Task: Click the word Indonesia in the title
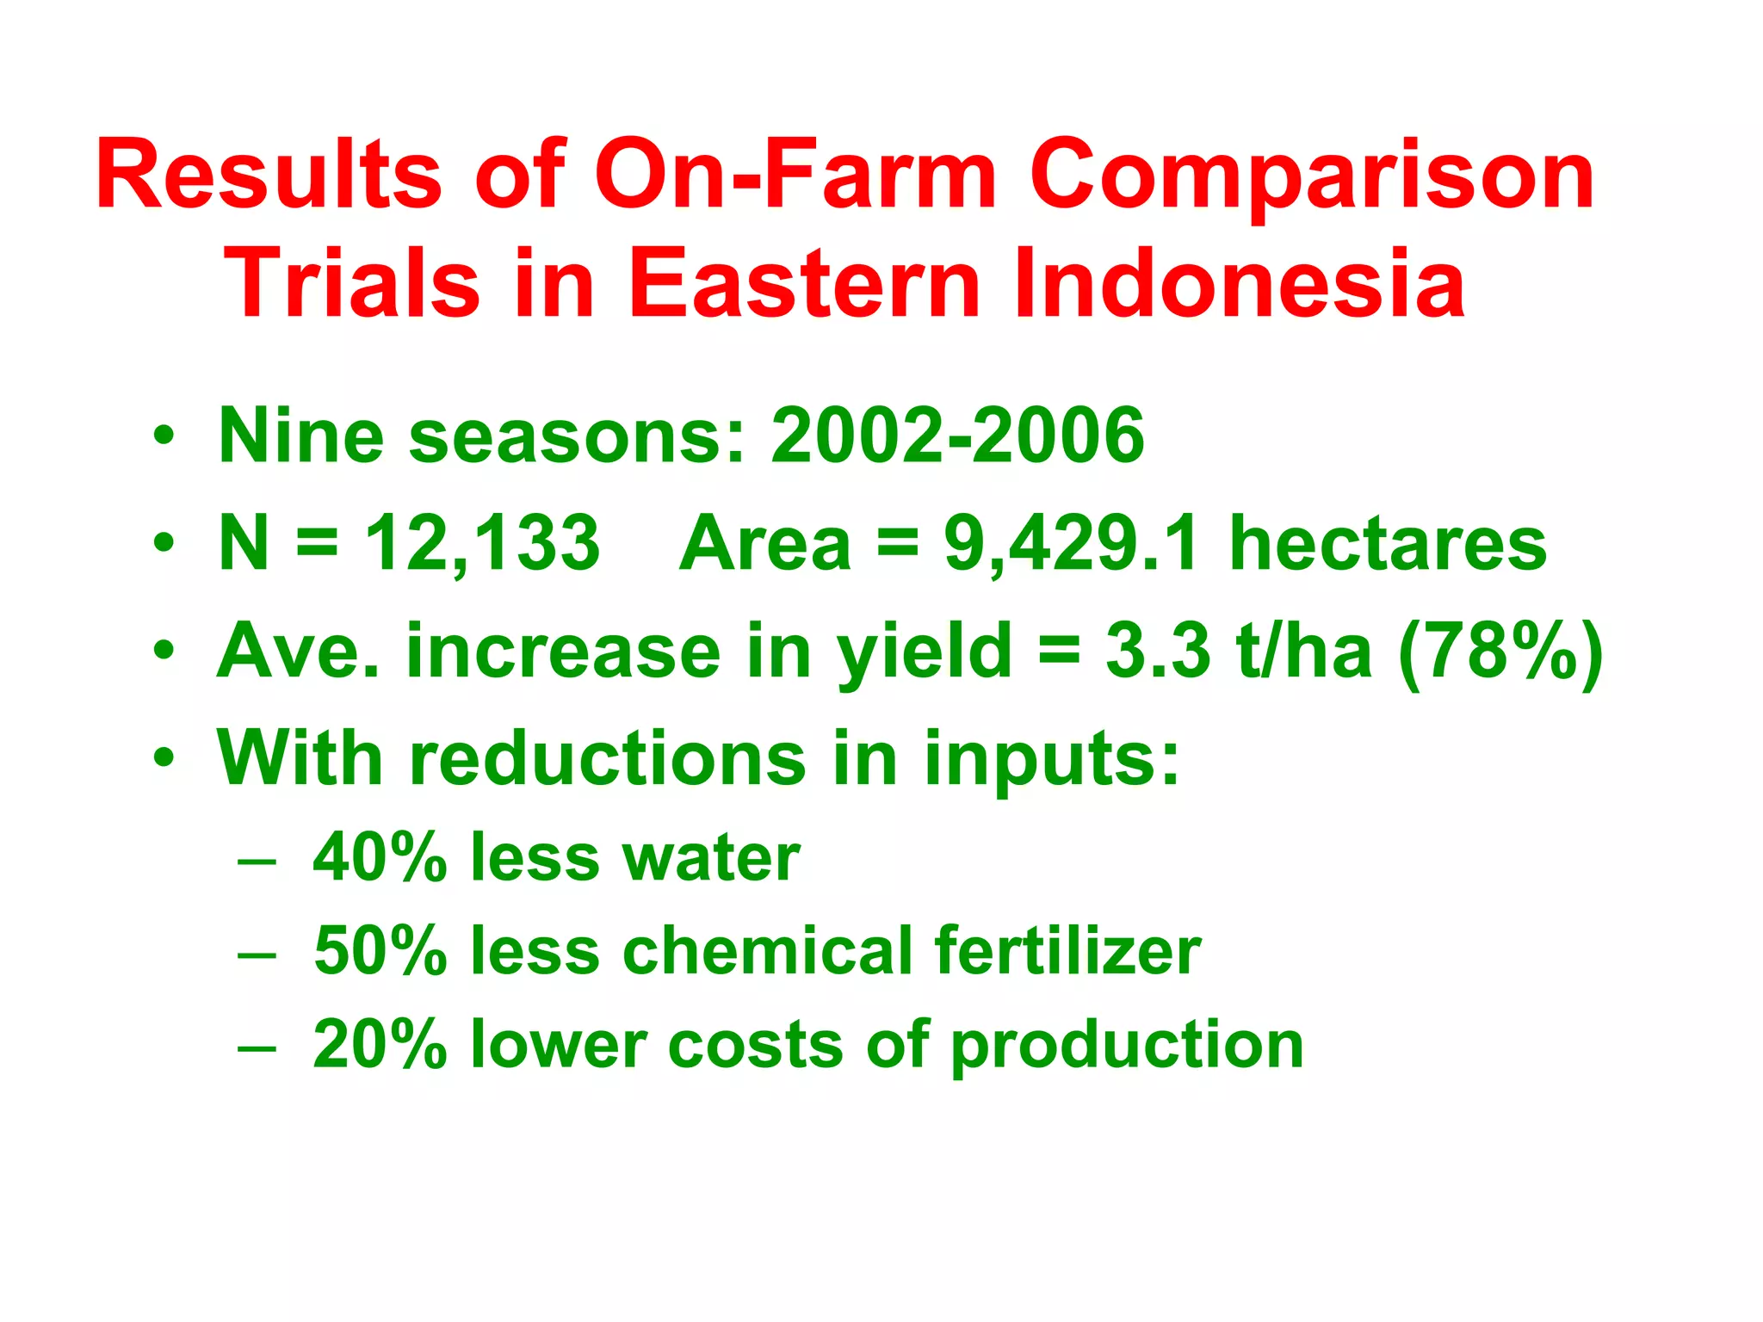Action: [x=1240, y=284]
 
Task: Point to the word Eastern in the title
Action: [x=805, y=284]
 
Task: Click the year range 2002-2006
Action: [x=957, y=436]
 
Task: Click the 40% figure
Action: [x=380, y=858]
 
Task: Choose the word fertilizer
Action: [x=1067, y=951]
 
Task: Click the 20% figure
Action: [x=380, y=1045]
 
